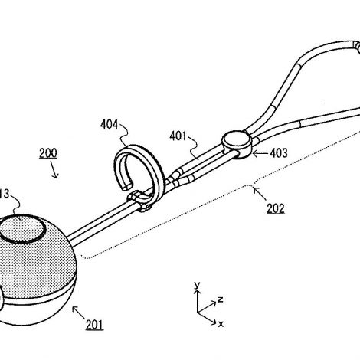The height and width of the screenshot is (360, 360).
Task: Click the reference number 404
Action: (x=110, y=125)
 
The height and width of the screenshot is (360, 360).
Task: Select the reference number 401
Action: (x=178, y=136)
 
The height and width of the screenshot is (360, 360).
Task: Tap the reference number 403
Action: (x=279, y=153)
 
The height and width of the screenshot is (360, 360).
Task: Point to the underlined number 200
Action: (x=48, y=153)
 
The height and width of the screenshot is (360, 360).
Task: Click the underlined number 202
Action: (x=276, y=208)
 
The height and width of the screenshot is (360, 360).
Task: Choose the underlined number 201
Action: (x=94, y=325)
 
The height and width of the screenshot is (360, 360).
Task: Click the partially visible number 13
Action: (x=5, y=194)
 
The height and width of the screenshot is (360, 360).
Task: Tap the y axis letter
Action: (x=197, y=285)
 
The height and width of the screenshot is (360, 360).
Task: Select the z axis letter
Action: (x=220, y=299)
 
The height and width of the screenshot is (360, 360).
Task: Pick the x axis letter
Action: (x=221, y=324)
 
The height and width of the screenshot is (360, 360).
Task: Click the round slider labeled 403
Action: (x=237, y=144)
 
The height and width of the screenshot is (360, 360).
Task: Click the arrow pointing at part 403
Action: (x=260, y=153)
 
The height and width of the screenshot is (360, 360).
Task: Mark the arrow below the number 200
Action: (x=54, y=169)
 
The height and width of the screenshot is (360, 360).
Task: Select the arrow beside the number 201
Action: (x=78, y=313)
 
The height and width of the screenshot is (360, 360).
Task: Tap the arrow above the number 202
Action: (x=260, y=194)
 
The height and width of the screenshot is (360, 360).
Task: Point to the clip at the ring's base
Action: (x=139, y=201)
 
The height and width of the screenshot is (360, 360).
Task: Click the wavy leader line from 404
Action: (x=124, y=136)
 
